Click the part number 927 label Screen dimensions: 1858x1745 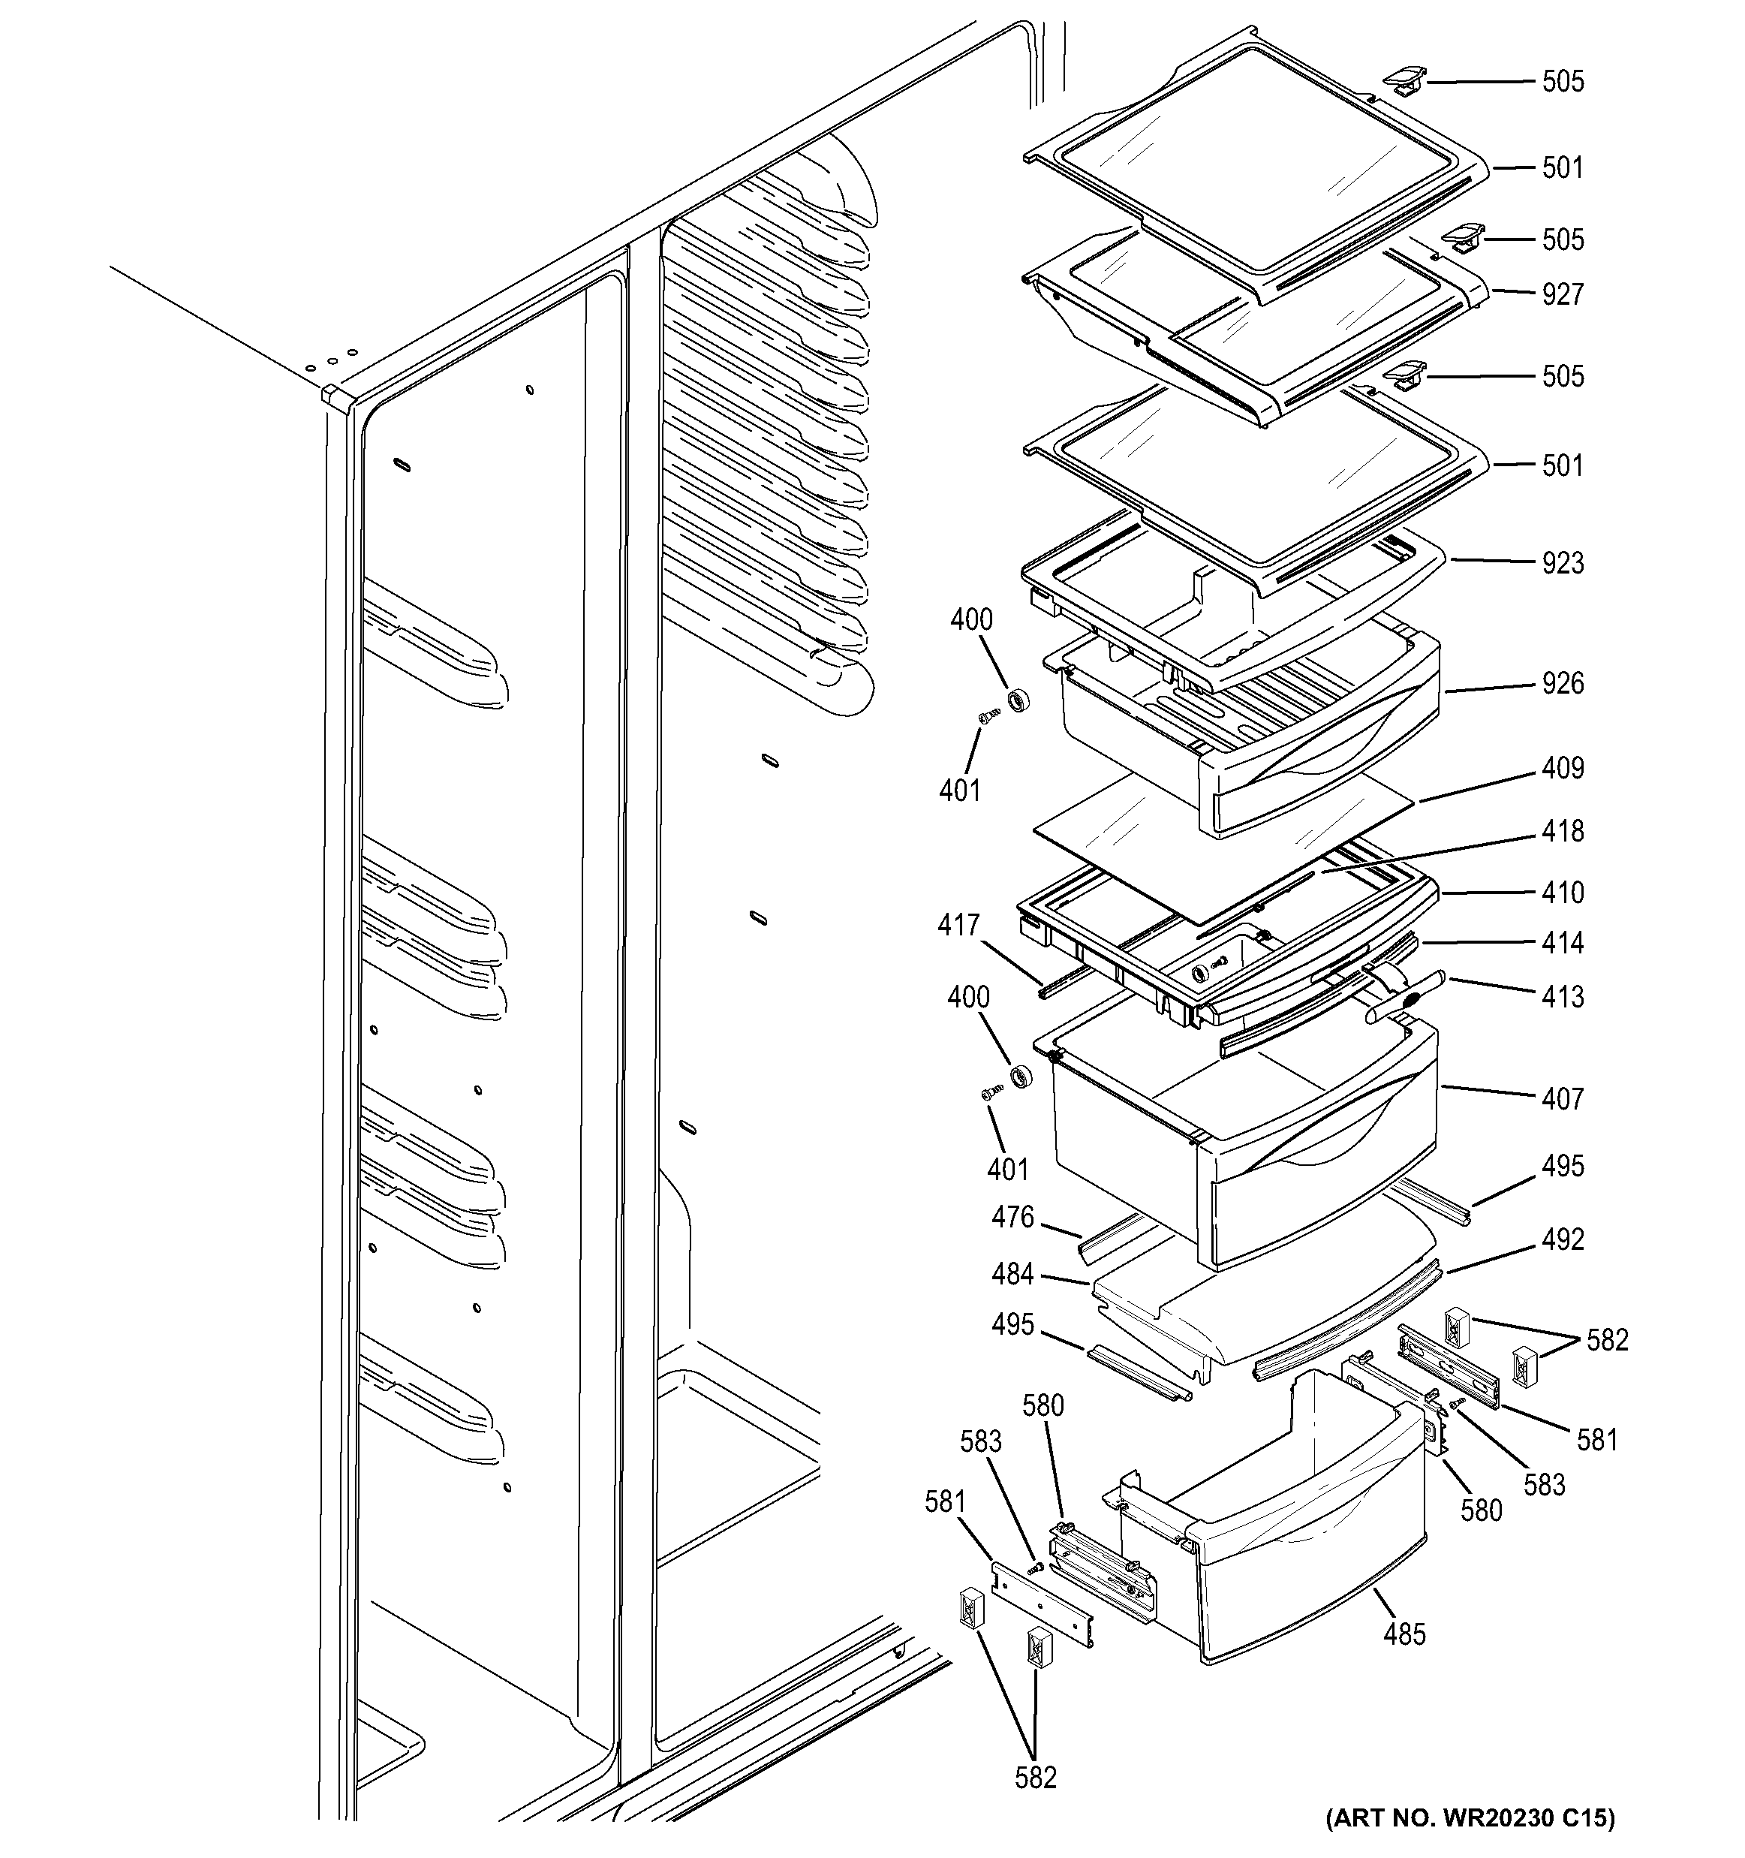(1563, 294)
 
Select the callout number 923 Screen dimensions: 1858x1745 (1563, 564)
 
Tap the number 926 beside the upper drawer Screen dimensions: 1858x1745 (1563, 684)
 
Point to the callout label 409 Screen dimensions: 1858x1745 (1563, 768)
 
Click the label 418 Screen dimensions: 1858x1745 (1563, 832)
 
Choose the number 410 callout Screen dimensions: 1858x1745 (1563, 893)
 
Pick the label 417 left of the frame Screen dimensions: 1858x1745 (958, 926)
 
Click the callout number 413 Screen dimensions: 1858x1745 (1563, 997)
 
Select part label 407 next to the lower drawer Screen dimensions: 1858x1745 (1563, 1099)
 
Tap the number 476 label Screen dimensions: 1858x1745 (1012, 1218)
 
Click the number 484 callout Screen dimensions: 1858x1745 (1012, 1275)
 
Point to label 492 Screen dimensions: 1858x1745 (1563, 1240)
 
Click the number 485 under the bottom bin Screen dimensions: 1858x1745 (1405, 1634)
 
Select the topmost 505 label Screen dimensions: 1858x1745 (1563, 83)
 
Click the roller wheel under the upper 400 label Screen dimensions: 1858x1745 (1016, 699)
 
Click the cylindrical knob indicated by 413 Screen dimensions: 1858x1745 (1406, 998)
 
